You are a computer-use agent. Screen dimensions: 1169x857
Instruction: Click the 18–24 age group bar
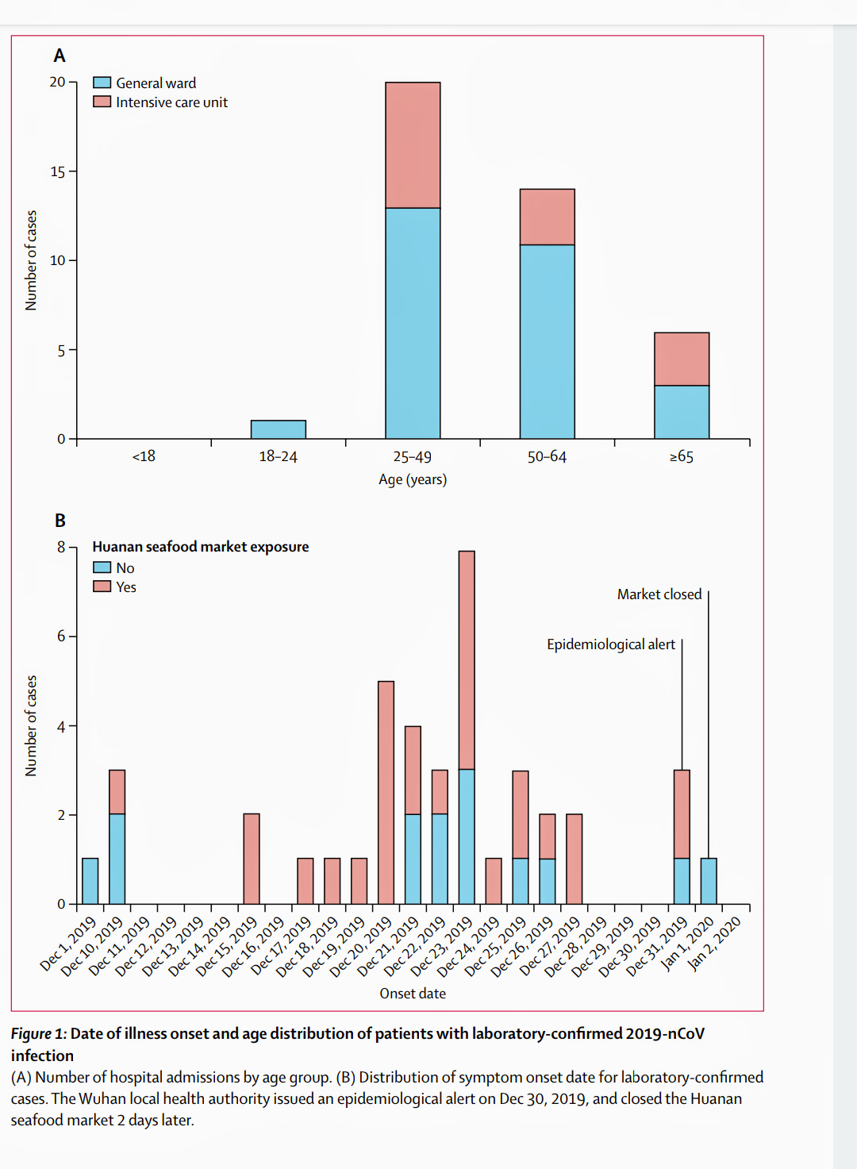(278, 429)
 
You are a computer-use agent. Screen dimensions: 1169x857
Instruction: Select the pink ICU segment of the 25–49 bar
(413, 145)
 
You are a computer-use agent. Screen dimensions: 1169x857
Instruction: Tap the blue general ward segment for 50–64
(547, 341)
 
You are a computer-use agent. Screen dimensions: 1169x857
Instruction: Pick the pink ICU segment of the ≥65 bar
(682, 359)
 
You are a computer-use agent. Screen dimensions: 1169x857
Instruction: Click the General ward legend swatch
(102, 83)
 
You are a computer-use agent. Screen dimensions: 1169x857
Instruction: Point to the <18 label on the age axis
(144, 456)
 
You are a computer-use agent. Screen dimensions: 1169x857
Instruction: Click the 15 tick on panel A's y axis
(58, 171)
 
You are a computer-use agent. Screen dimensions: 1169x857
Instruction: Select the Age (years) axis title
(413, 479)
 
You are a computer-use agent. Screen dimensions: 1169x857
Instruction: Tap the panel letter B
(60, 521)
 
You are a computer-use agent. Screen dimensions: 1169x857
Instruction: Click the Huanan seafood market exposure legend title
(200, 547)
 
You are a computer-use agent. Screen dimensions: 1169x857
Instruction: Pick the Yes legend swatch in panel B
(102, 586)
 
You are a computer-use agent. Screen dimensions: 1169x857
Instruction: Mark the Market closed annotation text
(659, 594)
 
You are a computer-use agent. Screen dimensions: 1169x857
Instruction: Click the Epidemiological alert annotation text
(610, 644)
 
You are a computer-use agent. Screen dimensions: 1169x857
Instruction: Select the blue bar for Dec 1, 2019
(90, 881)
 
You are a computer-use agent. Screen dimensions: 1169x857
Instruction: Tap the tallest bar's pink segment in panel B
(467, 659)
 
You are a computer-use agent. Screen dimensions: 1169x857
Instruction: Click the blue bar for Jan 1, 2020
(709, 881)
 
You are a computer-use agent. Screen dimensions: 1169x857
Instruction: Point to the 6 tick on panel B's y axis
(61, 636)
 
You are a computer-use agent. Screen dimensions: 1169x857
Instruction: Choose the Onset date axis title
(413, 994)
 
